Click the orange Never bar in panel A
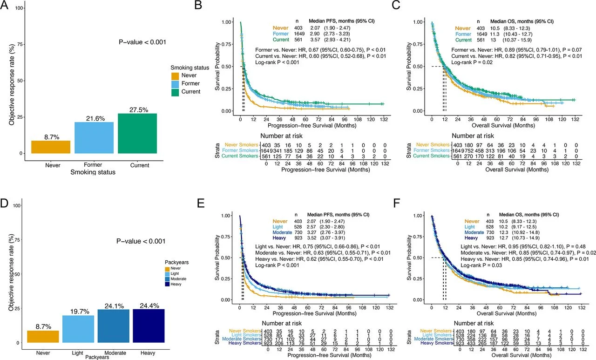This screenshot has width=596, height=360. point(51,147)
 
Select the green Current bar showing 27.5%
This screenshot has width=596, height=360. point(137,133)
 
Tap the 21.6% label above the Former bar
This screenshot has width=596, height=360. point(94,119)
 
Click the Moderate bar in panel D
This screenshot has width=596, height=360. point(113,326)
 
